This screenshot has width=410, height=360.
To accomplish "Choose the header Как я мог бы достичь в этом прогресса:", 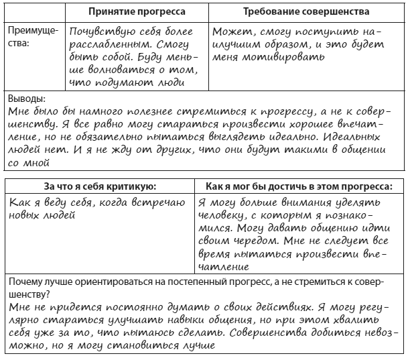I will (x=299, y=186).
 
